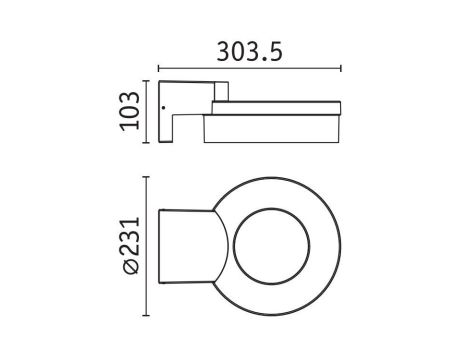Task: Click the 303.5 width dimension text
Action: [249, 50]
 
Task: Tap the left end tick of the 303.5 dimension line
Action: [157, 69]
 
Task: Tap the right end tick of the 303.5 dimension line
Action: [342, 69]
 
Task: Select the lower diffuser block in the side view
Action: [273, 129]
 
